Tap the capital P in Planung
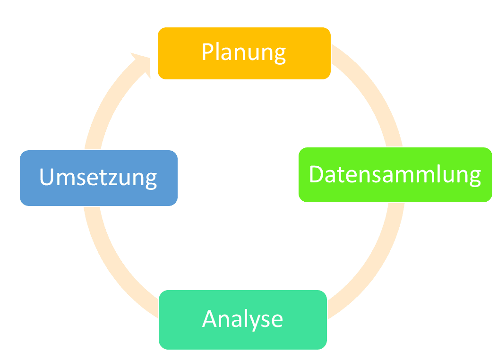coord(208,52)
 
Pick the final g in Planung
coord(279,54)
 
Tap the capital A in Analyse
coord(211,319)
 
